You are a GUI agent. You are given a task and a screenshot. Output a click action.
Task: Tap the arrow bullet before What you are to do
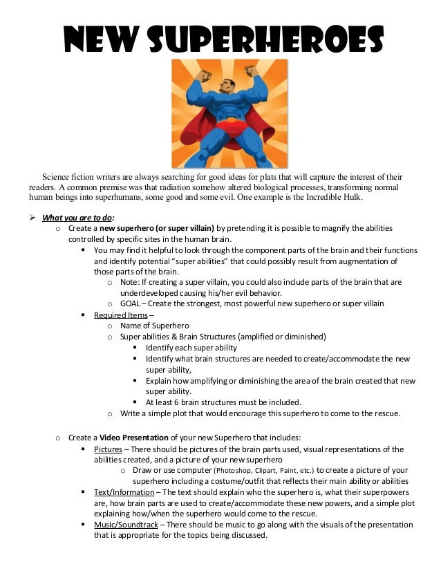32,216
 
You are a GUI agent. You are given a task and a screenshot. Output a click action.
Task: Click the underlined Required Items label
121,315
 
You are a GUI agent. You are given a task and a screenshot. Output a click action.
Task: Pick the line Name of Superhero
155,326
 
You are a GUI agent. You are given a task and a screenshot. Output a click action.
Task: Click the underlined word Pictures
109,449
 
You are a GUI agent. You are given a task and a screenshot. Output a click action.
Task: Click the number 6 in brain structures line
177,402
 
